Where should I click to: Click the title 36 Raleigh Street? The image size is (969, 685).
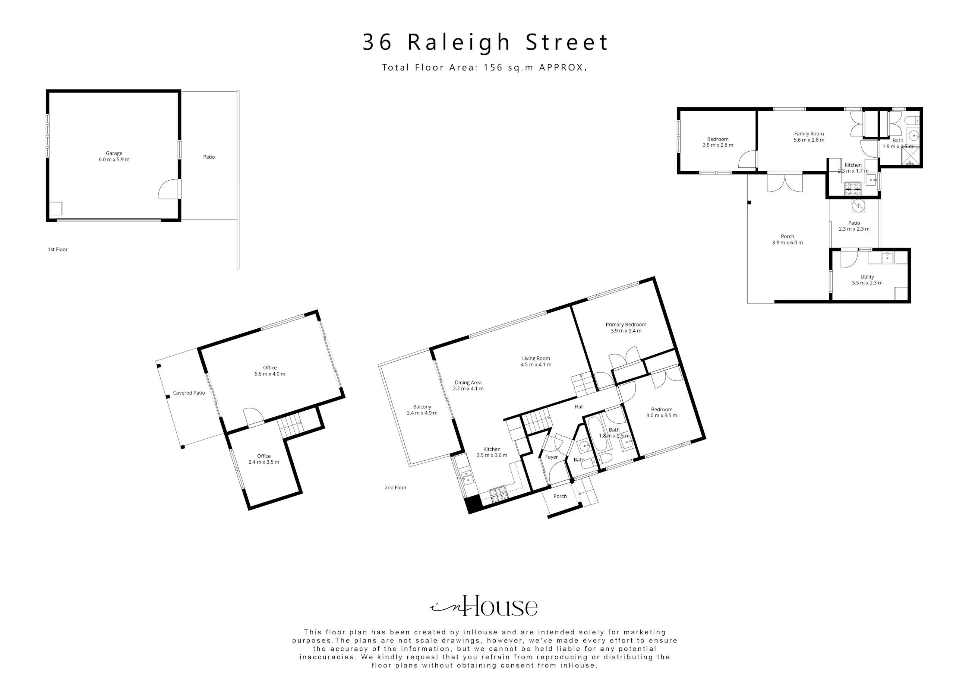[x=485, y=42]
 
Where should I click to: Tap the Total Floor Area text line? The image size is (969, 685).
[x=484, y=67]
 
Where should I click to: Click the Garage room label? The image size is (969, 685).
[x=114, y=157]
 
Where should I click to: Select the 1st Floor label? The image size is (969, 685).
[x=57, y=249]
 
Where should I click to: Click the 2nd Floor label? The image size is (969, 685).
[x=395, y=487]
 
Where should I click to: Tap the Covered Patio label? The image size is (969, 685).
[x=189, y=393]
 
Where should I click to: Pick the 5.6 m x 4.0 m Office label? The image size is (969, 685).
[x=270, y=371]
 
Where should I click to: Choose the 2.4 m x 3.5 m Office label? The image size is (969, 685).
[x=264, y=459]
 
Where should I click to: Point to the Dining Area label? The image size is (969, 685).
[x=468, y=386]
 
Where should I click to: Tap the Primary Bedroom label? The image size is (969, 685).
[x=626, y=328]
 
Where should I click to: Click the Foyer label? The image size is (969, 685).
[x=551, y=457]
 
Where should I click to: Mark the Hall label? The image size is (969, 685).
[x=579, y=407]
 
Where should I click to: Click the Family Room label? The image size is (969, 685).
[x=809, y=137]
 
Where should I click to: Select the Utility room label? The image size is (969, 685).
[x=867, y=280]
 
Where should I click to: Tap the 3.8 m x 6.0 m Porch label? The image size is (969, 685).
[x=787, y=240]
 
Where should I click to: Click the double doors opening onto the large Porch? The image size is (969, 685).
[x=785, y=182]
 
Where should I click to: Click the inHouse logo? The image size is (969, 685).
[x=484, y=606]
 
